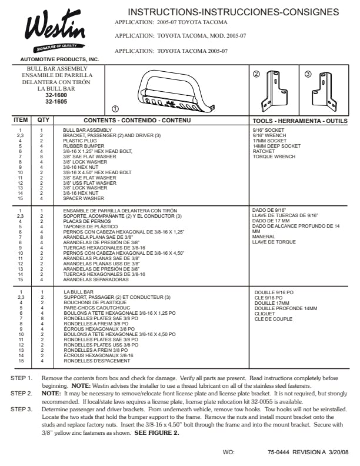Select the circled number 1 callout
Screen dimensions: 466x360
[x=115, y=109]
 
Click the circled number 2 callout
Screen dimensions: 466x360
[x=256, y=74]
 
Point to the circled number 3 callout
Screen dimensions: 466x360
[x=308, y=74]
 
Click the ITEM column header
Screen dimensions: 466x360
[x=21, y=121]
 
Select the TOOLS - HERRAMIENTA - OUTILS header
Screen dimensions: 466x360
[x=300, y=121]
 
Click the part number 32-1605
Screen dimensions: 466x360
[x=56, y=101]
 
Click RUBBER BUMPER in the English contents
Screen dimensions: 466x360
[x=81, y=145]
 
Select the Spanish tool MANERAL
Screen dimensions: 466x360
[x=263, y=237]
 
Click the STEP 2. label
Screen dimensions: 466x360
[x=22, y=392]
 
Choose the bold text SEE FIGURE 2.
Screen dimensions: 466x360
[x=156, y=433]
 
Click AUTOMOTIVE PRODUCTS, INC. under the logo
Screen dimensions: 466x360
[x=59, y=60]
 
